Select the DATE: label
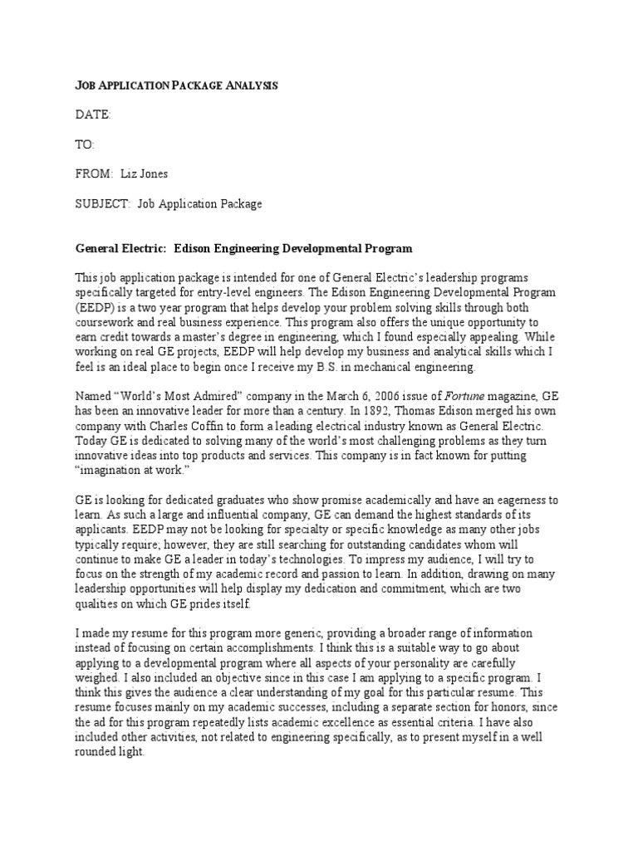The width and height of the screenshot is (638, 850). coord(93,115)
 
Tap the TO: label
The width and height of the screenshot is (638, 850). coord(86,144)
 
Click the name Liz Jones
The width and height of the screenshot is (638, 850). coord(145,173)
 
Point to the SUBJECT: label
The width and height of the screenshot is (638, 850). coord(103,203)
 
